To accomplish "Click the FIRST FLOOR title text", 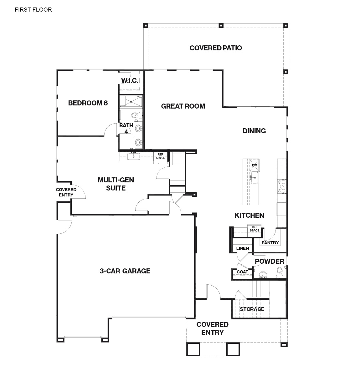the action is click(33, 10).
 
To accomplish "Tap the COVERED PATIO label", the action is click(216, 48).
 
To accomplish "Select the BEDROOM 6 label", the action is click(88, 103).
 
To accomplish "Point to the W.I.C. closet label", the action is click(130, 80).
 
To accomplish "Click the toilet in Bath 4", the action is click(137, 115).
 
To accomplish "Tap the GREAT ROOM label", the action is click(183, 106).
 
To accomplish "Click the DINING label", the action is click(254, 131).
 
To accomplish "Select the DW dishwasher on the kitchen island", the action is click(255, 165).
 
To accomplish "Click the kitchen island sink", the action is click(255, 178).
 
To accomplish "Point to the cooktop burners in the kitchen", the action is click(282, 186).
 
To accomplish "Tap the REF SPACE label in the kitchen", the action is click(255, 229).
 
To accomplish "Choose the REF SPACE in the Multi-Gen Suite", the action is click(161, 156).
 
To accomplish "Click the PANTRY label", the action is click(270, 243).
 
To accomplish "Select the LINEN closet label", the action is click(243, 248).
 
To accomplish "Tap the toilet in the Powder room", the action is click(280, 272).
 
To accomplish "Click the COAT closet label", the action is click(242, 272).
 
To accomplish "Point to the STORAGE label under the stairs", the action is click(252, 309).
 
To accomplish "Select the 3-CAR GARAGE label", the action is click(125, 271).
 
